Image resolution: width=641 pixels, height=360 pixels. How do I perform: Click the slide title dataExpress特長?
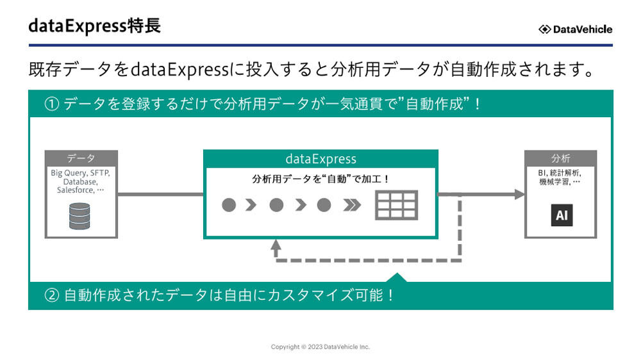(x=94, y=27)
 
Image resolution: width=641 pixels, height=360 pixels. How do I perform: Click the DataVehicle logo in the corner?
(x=575, y=29)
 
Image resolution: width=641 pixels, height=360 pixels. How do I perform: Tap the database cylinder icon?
(x=80, y=216)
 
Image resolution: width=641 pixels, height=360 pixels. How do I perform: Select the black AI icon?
(x=562, y=215)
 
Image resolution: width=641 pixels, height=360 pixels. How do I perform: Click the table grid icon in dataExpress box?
(x=396, y=205)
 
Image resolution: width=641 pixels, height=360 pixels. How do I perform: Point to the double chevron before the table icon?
(x=352, y=205)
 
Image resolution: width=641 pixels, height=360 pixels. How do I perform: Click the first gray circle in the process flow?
(x=229, y=205)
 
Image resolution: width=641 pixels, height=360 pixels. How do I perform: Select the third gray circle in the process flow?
(x=324, y=205)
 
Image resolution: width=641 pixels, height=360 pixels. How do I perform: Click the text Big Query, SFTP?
(x=81, y=173)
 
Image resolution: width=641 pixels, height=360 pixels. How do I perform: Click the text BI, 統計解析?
(x=560, y=173)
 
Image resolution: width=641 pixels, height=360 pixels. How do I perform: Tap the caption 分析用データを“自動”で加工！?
(x=320, y=179)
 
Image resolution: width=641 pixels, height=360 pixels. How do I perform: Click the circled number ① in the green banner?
(x=52, y=104)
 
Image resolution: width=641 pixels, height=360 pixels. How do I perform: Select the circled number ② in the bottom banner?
(x=52, y=296)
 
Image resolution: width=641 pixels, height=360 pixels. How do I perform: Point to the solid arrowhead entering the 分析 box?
(x=519, y=194)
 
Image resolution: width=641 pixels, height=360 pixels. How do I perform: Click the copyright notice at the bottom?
(x=320, y=347)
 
